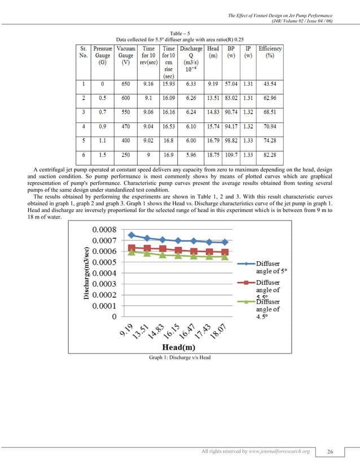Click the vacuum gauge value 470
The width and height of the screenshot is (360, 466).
click(x=125, y=120)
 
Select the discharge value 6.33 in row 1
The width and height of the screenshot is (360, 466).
click(x=191, y=83)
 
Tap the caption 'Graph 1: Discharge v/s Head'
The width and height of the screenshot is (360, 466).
click(x=179, y=358)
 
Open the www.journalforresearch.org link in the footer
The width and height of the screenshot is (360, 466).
click(x=282, y=451)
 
